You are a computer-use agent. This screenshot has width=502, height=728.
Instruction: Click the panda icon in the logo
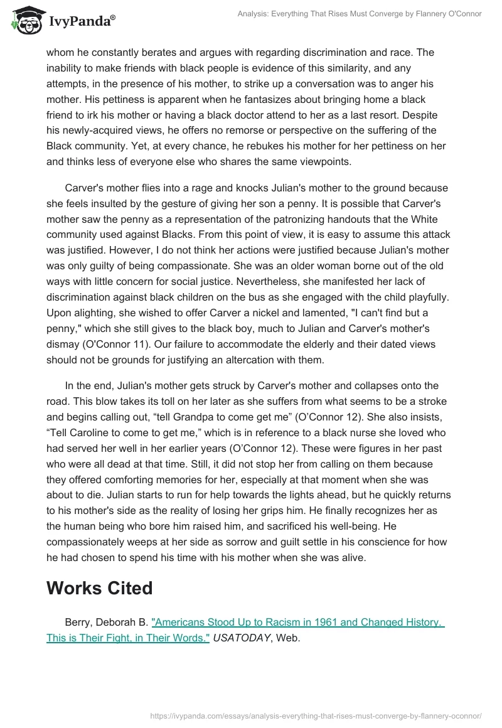point(25,21)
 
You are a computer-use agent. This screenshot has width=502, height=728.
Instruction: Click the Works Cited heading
point(99,588)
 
